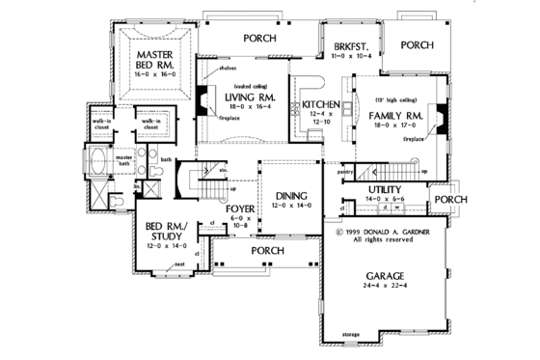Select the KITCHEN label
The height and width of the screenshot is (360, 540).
coord(319,104)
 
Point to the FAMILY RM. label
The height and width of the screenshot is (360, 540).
coord(397,115)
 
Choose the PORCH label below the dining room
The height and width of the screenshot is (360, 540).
coord(267,251)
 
